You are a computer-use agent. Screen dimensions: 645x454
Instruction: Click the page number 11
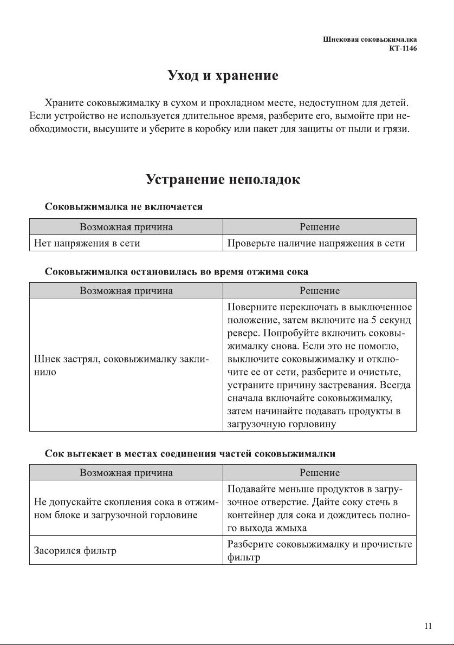428,626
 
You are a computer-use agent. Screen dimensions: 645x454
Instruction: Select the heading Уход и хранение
223,76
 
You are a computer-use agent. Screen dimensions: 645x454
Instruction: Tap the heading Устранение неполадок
223,179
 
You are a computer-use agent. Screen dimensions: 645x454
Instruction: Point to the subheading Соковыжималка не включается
124,207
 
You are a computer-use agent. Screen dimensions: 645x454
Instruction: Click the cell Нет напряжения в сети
87,243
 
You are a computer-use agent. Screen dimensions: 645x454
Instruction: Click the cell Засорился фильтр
76,551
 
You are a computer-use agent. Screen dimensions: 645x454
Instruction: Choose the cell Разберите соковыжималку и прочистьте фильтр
320,551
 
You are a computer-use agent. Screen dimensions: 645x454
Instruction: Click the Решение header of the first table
320,227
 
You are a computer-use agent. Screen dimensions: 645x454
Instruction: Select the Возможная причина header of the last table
126,472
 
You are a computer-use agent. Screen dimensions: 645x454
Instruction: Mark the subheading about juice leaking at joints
190,453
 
